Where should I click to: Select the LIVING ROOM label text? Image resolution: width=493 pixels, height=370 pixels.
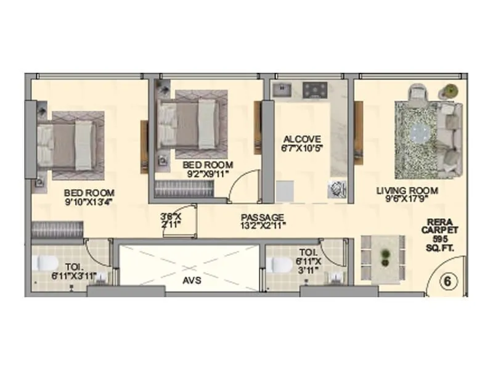(407, 191)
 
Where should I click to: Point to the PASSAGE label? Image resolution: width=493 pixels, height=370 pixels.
(262, 217)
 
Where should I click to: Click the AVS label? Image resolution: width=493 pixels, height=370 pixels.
(189, 279)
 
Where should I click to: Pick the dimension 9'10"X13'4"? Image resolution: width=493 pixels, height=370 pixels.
(88, 201)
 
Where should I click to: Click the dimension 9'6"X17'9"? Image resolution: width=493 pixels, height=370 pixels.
(407, 199)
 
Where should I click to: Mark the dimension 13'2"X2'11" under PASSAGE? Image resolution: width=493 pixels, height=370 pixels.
(262, 226)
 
